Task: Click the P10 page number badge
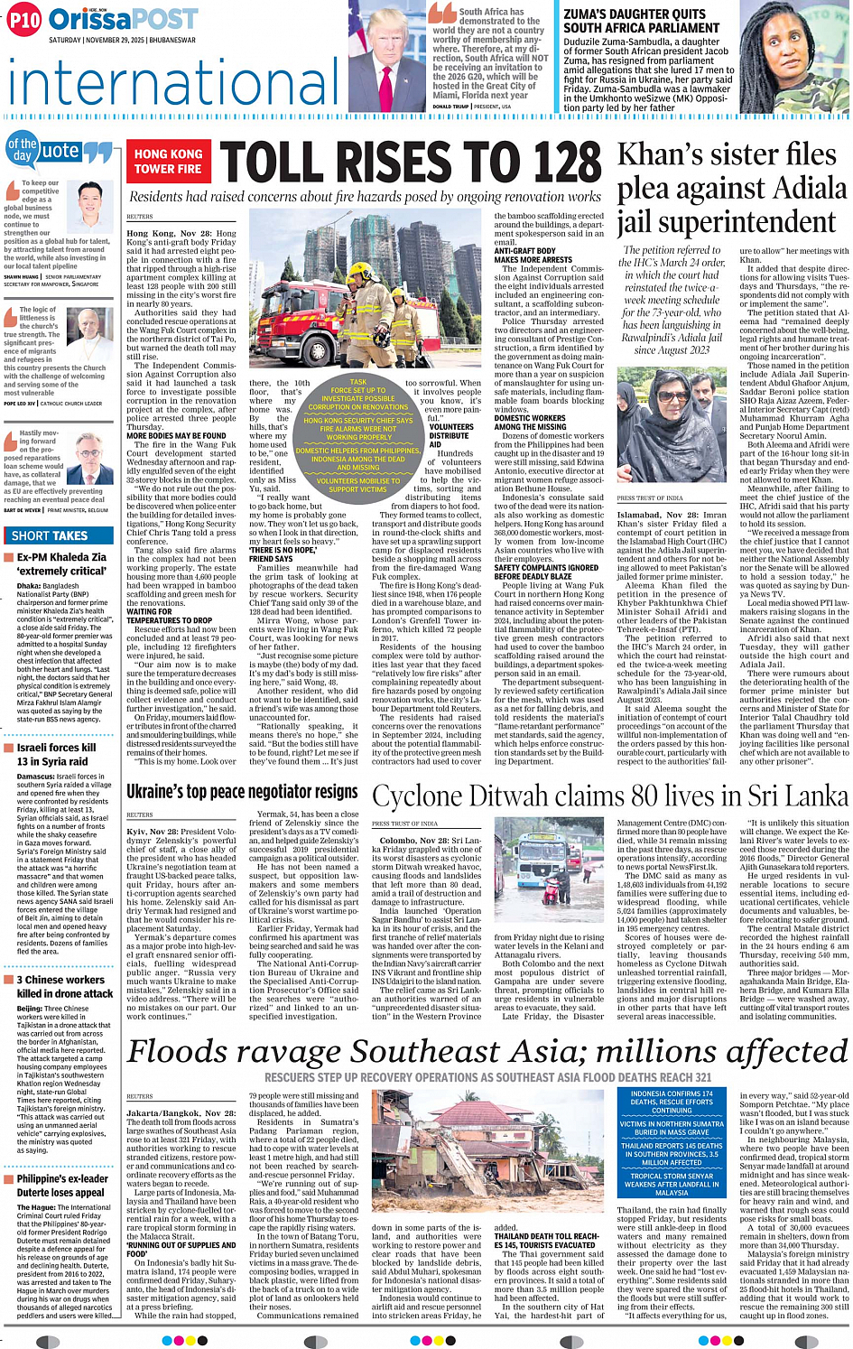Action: pos(24,20)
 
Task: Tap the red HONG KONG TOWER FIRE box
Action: pos(168,161)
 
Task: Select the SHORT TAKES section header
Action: pos(50,535)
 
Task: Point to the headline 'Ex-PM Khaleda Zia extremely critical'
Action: pos(61,563)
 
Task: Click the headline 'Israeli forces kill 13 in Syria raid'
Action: pos(56,754)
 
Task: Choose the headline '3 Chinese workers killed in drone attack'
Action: pos(60,986)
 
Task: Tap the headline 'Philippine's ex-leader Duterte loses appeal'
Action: pos(62,1185)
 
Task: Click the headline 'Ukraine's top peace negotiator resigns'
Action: pos(242,792)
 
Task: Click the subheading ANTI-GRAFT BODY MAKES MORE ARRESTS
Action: pos(533,255)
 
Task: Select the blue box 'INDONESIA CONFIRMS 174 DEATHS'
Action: pos(671,1097)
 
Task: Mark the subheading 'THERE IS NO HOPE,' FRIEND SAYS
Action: pos(283,554)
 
